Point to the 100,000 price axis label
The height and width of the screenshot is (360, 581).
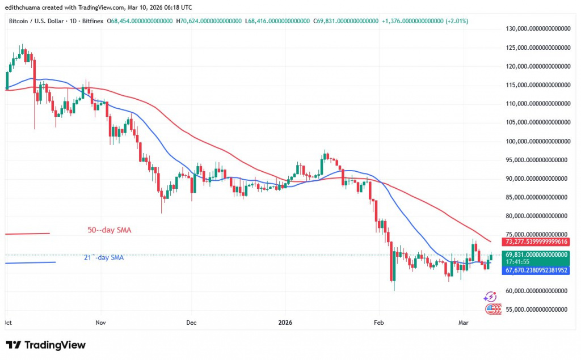click(537, 141)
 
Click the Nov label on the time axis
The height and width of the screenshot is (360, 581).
click(100, 323)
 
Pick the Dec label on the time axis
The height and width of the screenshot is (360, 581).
click(191, 323)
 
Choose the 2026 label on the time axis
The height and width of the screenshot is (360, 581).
click(285, 323)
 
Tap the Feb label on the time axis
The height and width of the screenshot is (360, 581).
click(378, 323)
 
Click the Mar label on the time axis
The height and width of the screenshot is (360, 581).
click(464, 323)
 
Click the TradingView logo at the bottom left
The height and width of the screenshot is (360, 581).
click(45, 345)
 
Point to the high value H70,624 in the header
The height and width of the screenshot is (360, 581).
click(208, 20)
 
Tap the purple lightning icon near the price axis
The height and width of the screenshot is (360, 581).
click(490, 297)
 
